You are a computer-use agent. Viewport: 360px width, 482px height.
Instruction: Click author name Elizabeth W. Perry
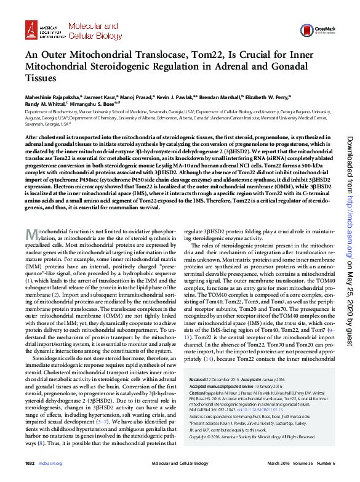pyautogui.click(x=268, y=97)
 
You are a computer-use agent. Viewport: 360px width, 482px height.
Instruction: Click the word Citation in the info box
pyautogui.click(x=198, y=392)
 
